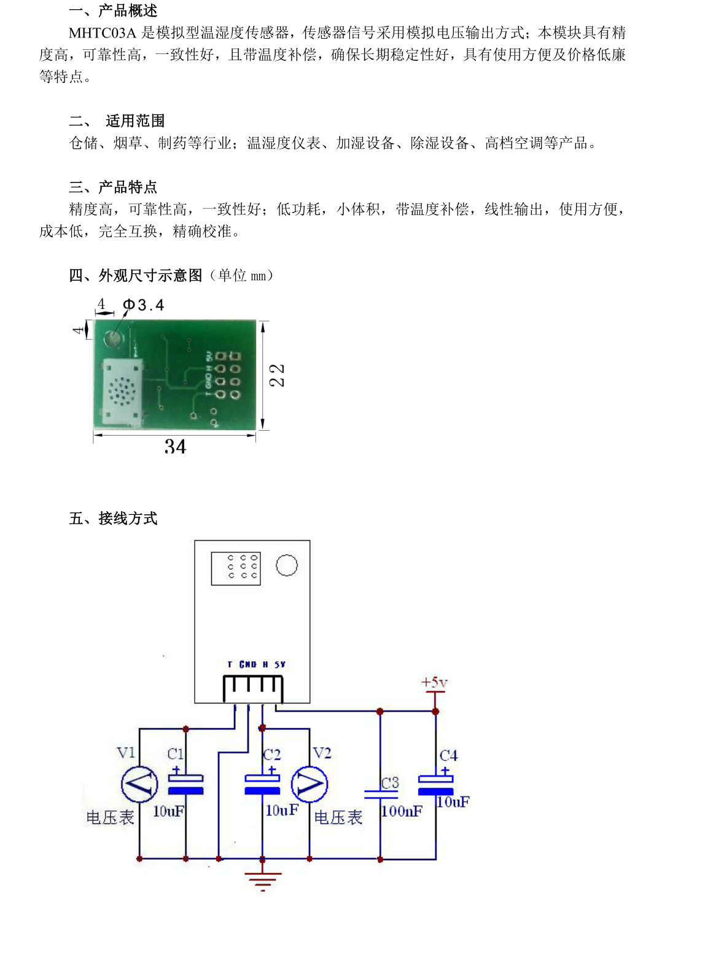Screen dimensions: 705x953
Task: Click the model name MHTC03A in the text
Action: pyautogui.click(x=102, y=33)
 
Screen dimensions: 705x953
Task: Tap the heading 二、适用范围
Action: pyautogui.click(x=117, y=120)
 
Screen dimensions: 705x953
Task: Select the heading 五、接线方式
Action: pyautogui.click(x=113, y=518)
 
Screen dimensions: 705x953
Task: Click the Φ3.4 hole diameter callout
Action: pyautogui.click(x=144, y=305)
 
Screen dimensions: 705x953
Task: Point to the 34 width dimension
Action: pyautogui.click(x=175, y=447)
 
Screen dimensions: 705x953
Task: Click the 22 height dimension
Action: pyautogui.click(x=277, y=375)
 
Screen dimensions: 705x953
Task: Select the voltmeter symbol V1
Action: pyautogui.click(x=139, y=784)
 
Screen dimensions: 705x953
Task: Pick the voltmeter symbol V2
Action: pyautogui.click(x=310, y=784)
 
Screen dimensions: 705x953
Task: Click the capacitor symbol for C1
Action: pyautogui.click(x=185, y=783)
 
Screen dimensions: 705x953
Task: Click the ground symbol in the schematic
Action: pyautogui.click(x=262, y=879)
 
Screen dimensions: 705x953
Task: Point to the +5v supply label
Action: pyautogui.click(x=434, y=682)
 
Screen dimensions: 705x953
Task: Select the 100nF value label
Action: pyautogui.click(x=402, y=811)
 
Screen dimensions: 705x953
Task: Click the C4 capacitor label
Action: pyautogui.click(x=448, y=755)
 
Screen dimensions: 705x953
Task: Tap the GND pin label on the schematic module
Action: pyautogui.click(x=248, y=665)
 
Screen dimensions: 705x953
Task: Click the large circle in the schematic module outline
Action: pyautogui.click(x=287, y=565)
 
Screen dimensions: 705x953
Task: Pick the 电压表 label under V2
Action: pyautogui.click(x=338, y=818)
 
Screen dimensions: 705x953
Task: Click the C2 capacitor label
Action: pyautogui.click(x=271, y=755)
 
